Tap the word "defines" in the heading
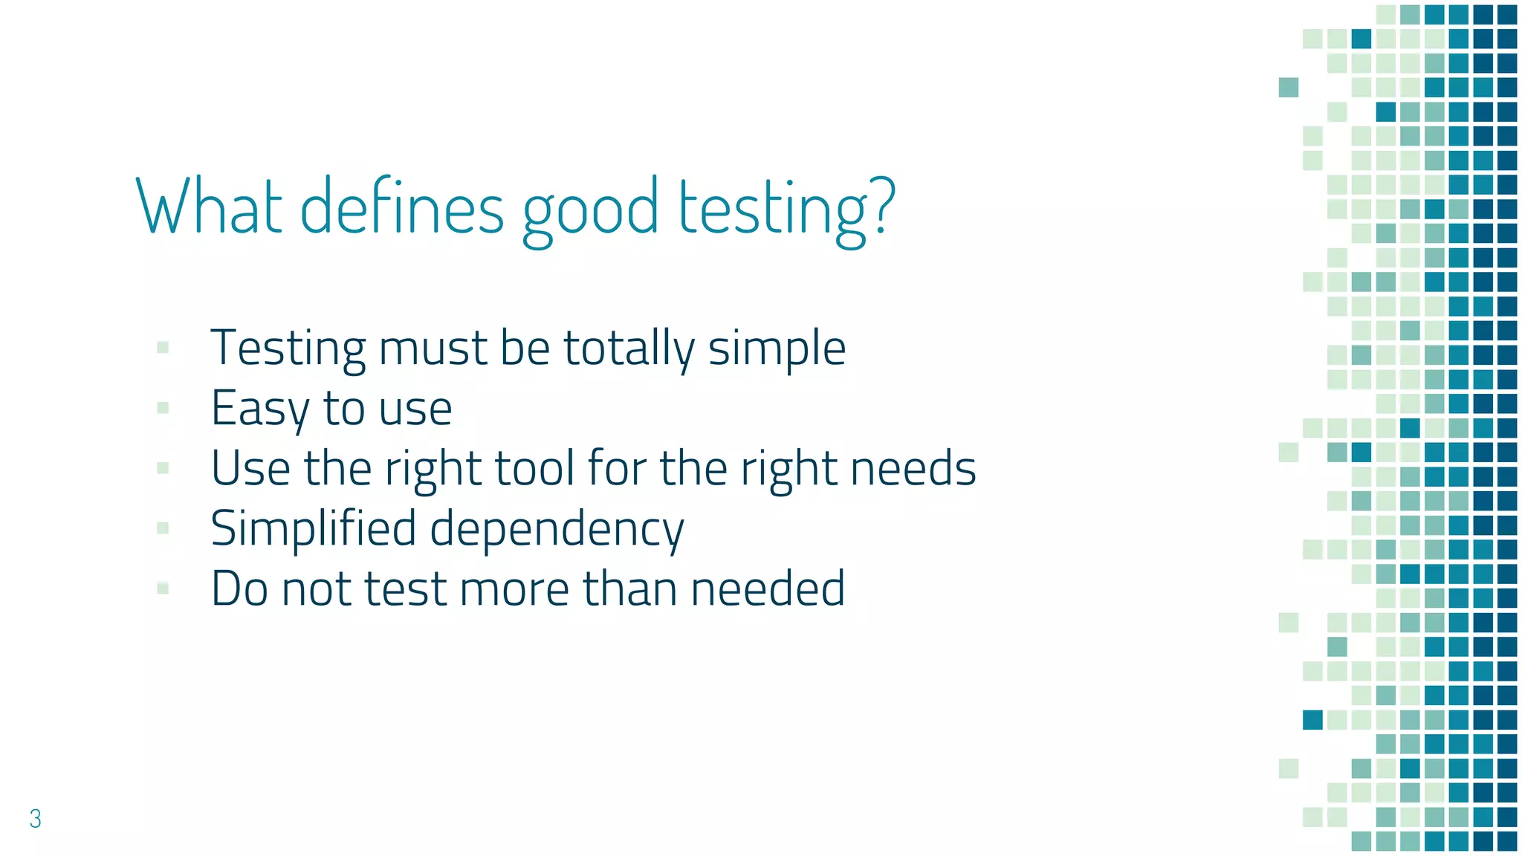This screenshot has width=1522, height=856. pos(402,206)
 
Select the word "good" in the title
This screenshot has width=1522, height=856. pos(590,210)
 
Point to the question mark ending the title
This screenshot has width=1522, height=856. pos(883,204)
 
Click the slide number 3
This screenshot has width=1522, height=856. pos(35,818)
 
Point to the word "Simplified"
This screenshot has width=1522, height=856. pos(313,528)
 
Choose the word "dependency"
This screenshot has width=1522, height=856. pos(557,530)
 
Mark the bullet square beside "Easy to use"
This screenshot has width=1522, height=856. pos(163,407)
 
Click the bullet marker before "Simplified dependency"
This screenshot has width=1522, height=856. pos(163,528)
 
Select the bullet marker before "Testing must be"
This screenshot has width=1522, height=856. pos(163,347)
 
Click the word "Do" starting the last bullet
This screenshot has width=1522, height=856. pos(239,588)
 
